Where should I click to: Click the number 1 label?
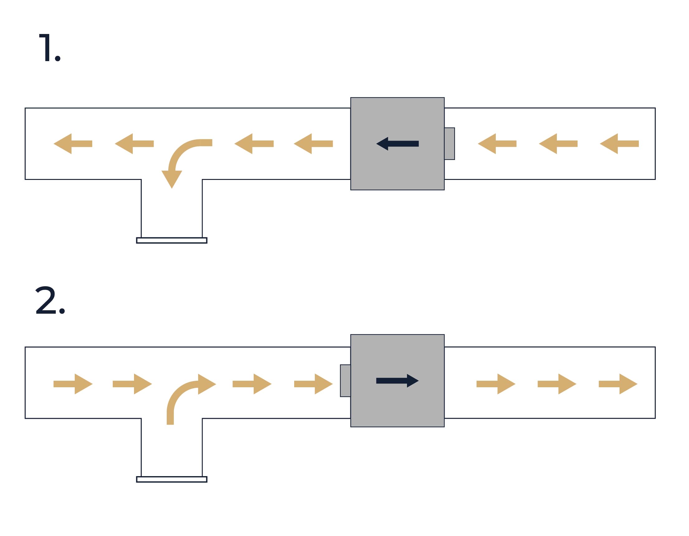[50, 47]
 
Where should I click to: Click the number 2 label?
[50, 300]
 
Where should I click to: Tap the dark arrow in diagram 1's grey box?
[397, 144]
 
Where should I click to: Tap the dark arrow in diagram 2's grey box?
[397, 381]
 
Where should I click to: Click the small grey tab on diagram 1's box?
[450, 144]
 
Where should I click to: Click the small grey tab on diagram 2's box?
[346, 381]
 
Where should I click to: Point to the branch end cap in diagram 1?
[172, 240]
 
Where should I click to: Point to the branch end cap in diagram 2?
[172, 480]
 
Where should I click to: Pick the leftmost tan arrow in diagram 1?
[73, 144]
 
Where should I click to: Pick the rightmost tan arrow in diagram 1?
[619, 144]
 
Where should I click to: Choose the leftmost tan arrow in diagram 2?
[73, 384]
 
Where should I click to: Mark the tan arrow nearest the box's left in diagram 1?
[313, 144]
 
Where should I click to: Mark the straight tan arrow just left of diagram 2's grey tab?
[313, 384]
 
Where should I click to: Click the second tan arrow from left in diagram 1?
[134, 144]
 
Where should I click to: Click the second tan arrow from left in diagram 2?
[132, 384]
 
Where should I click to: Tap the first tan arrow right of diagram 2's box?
[496, 384]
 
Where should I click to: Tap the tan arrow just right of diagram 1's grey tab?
[497, 144]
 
